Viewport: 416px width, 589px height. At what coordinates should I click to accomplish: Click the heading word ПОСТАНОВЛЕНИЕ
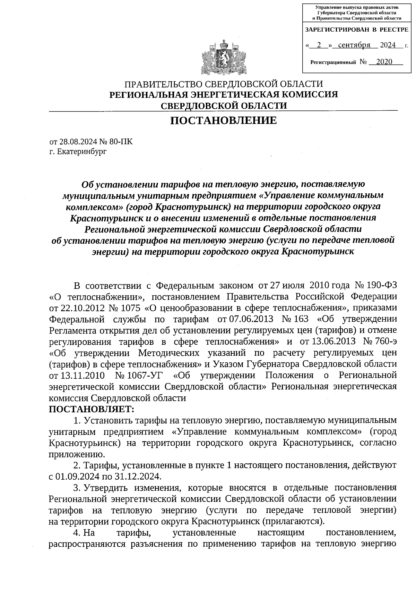tap(224, 120)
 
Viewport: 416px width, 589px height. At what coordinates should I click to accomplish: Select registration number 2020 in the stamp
tap(384, 62)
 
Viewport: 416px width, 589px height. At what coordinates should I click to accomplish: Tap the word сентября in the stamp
tap(354, 45)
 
